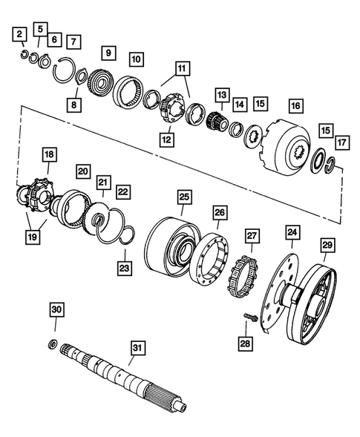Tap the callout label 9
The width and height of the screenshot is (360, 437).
pos(108,53)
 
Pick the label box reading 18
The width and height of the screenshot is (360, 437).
pos(49,155)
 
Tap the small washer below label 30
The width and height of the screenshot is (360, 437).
pos(53,343)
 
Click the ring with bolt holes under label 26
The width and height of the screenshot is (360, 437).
pos(218,258)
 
